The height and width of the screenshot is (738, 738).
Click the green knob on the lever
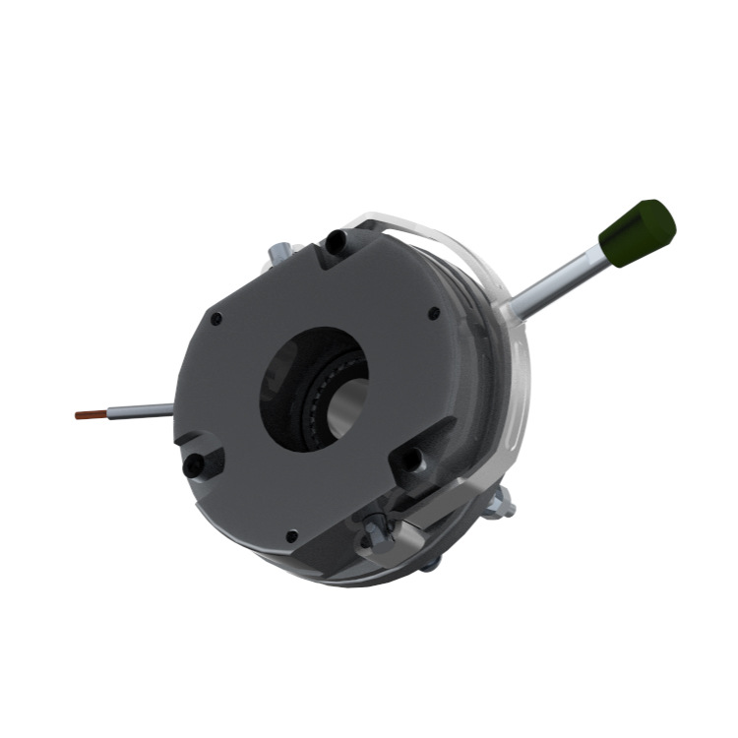point(641,233)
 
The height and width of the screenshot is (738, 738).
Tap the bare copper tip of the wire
point(89,415)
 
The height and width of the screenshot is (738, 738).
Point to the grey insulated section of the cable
point(139,410)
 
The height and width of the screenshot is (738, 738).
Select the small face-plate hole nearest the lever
point(434,314)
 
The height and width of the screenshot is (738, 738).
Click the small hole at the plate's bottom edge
point(291,536)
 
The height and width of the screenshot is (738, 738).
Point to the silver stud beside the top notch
point(277,255)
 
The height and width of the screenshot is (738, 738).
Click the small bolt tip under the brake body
point(429,563)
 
